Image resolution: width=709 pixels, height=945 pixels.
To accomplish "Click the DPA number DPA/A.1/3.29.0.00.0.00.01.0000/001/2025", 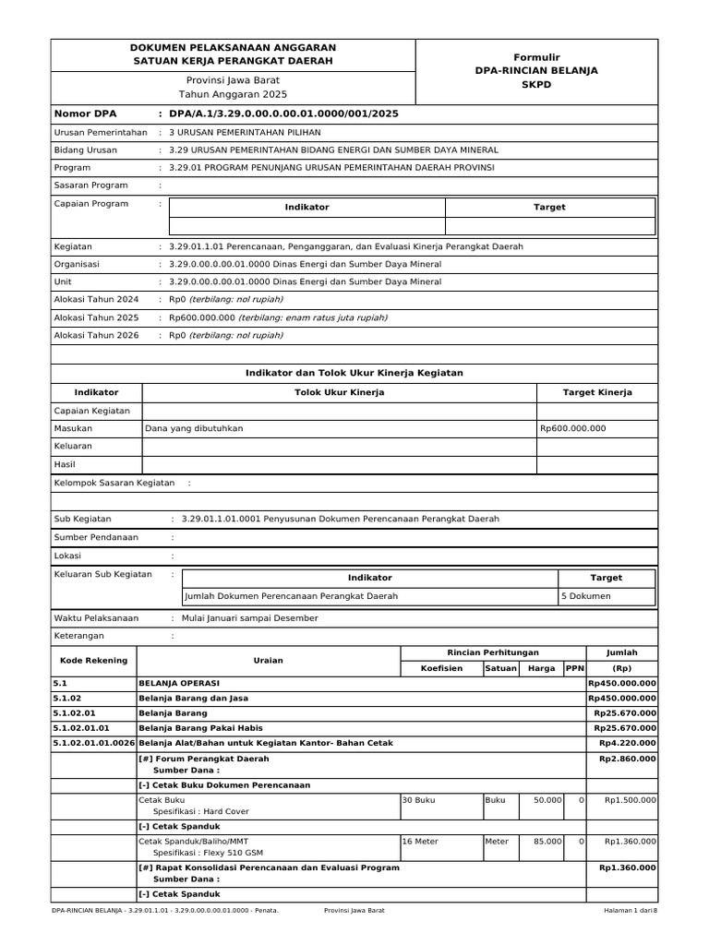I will [284, 114].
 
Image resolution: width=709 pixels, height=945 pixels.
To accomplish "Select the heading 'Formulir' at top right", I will [536, 57].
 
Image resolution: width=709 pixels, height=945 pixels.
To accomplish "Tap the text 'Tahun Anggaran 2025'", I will [233, 94].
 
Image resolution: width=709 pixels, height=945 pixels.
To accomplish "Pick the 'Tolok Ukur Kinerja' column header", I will [339, 392].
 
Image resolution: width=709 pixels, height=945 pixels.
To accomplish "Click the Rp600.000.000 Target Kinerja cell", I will [573, 428].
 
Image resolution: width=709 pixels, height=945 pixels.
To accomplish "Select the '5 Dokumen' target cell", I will [584, 596].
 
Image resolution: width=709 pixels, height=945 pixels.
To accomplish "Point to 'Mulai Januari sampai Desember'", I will [250, 618].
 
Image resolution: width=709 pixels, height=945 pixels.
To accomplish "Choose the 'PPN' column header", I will [574, 668].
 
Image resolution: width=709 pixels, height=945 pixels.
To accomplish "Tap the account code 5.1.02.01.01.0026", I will [94, 743].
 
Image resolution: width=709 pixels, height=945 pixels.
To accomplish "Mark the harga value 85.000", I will [546, 842].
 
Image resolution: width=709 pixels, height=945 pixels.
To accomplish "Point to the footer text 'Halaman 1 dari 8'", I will [623, 911].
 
